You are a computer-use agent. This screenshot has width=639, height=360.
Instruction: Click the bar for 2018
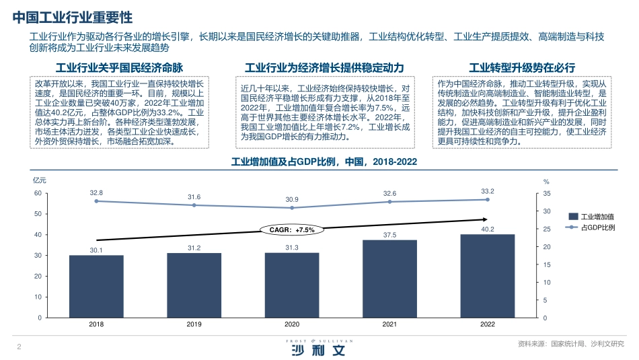96,286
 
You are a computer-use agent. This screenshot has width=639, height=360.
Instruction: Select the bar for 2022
488,276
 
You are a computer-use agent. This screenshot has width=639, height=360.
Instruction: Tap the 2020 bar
292,285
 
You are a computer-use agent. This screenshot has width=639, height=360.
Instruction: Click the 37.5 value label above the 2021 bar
389,235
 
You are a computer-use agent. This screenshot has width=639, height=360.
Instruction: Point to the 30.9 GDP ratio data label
292,199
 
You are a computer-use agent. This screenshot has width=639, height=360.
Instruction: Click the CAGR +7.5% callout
292,229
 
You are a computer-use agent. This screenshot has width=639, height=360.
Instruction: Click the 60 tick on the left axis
38,193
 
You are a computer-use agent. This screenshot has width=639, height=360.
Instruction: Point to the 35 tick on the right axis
546,193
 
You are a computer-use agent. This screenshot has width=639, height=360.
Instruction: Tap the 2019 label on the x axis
194,324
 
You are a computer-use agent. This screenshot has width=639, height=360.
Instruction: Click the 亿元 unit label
40,180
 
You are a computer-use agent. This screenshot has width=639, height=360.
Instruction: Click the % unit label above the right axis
546,182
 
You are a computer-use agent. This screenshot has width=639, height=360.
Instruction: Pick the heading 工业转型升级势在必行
522,67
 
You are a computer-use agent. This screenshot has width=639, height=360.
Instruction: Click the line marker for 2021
389,202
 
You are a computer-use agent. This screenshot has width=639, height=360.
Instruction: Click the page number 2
18,347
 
